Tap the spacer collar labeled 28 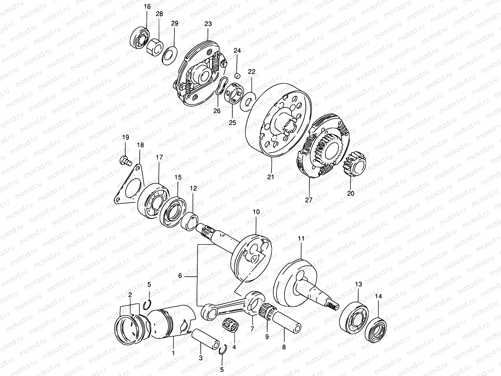(155, 46)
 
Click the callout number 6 (180, 276)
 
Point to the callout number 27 (309, 199)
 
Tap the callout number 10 (256, 212)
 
